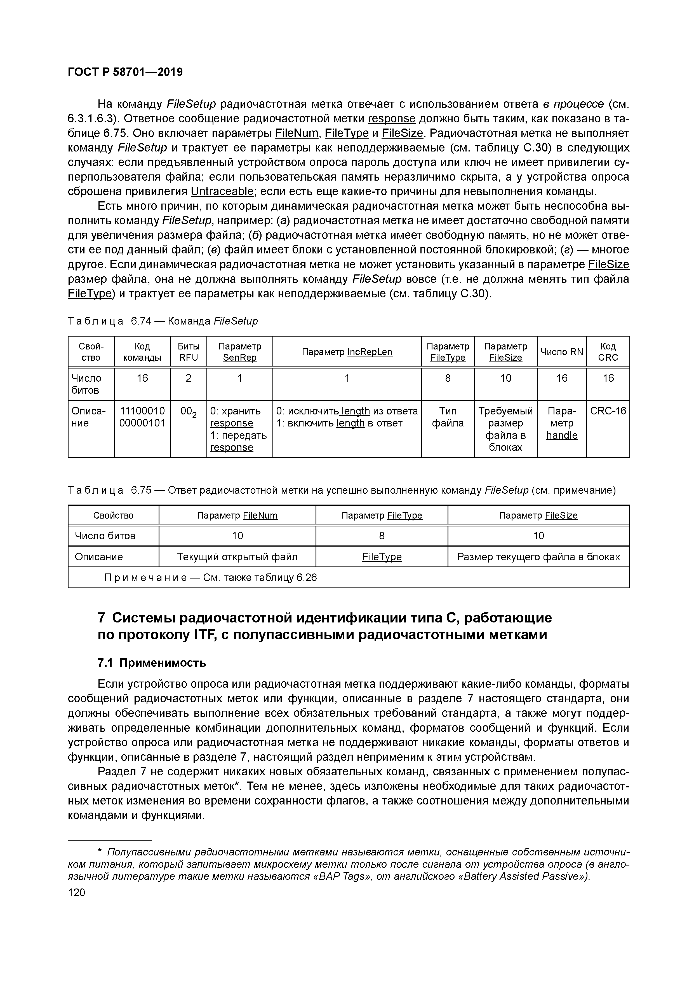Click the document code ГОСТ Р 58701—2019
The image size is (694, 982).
click(x=125, y=72)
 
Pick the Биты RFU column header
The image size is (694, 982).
click(x=189, y=352)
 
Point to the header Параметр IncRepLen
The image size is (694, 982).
click(x=347, y=352)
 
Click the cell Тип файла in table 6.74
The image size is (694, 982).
click(x=448, y=417)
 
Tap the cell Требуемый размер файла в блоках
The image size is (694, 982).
click(x=505, y=429)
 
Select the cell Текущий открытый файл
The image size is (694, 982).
click(x=237, y=557)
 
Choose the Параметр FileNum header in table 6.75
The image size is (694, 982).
click(x=237, y=516)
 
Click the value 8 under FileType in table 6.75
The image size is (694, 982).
click(x=382, y=536)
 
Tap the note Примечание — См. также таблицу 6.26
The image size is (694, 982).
click(x=211, y=578)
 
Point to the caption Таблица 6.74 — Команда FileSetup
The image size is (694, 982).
click(x=163, y=321)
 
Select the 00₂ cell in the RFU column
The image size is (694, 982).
click(x=189, y=412)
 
